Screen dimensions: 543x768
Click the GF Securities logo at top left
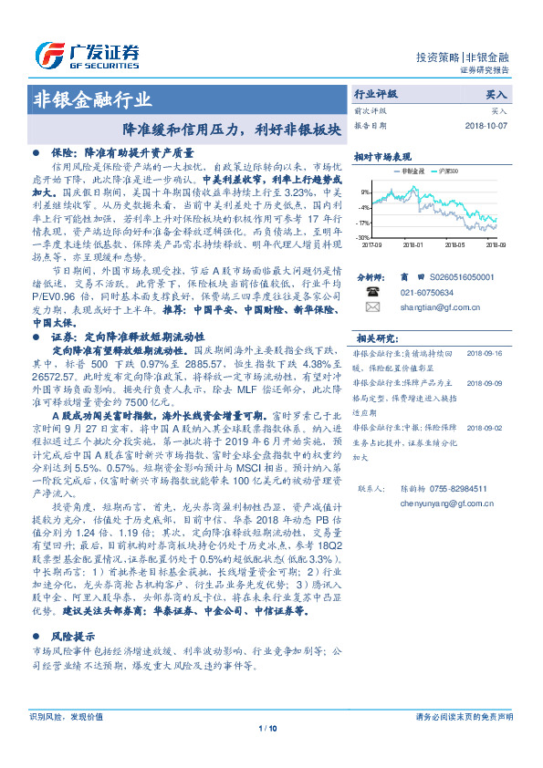[x=86, y=52]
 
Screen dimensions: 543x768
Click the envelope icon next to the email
[x=372, y=309]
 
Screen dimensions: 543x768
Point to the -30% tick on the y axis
[x=363, y=237]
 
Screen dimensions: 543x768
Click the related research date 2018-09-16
[x=486, y=350]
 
